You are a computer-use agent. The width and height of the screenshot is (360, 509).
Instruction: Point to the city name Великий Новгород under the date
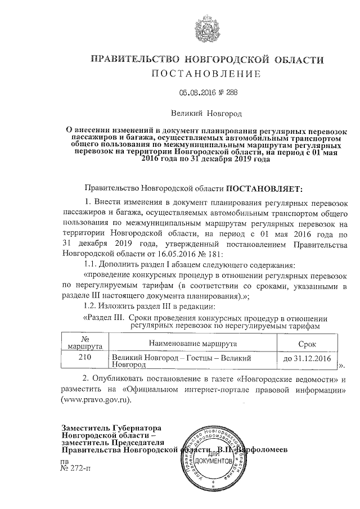pyautogui.click(x=206, y=114)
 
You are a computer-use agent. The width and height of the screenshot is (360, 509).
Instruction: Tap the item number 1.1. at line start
pyautogui.click(x=93, y=265)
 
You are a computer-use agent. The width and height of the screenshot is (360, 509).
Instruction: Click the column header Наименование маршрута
pyautogui.click(x=193, y=343)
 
